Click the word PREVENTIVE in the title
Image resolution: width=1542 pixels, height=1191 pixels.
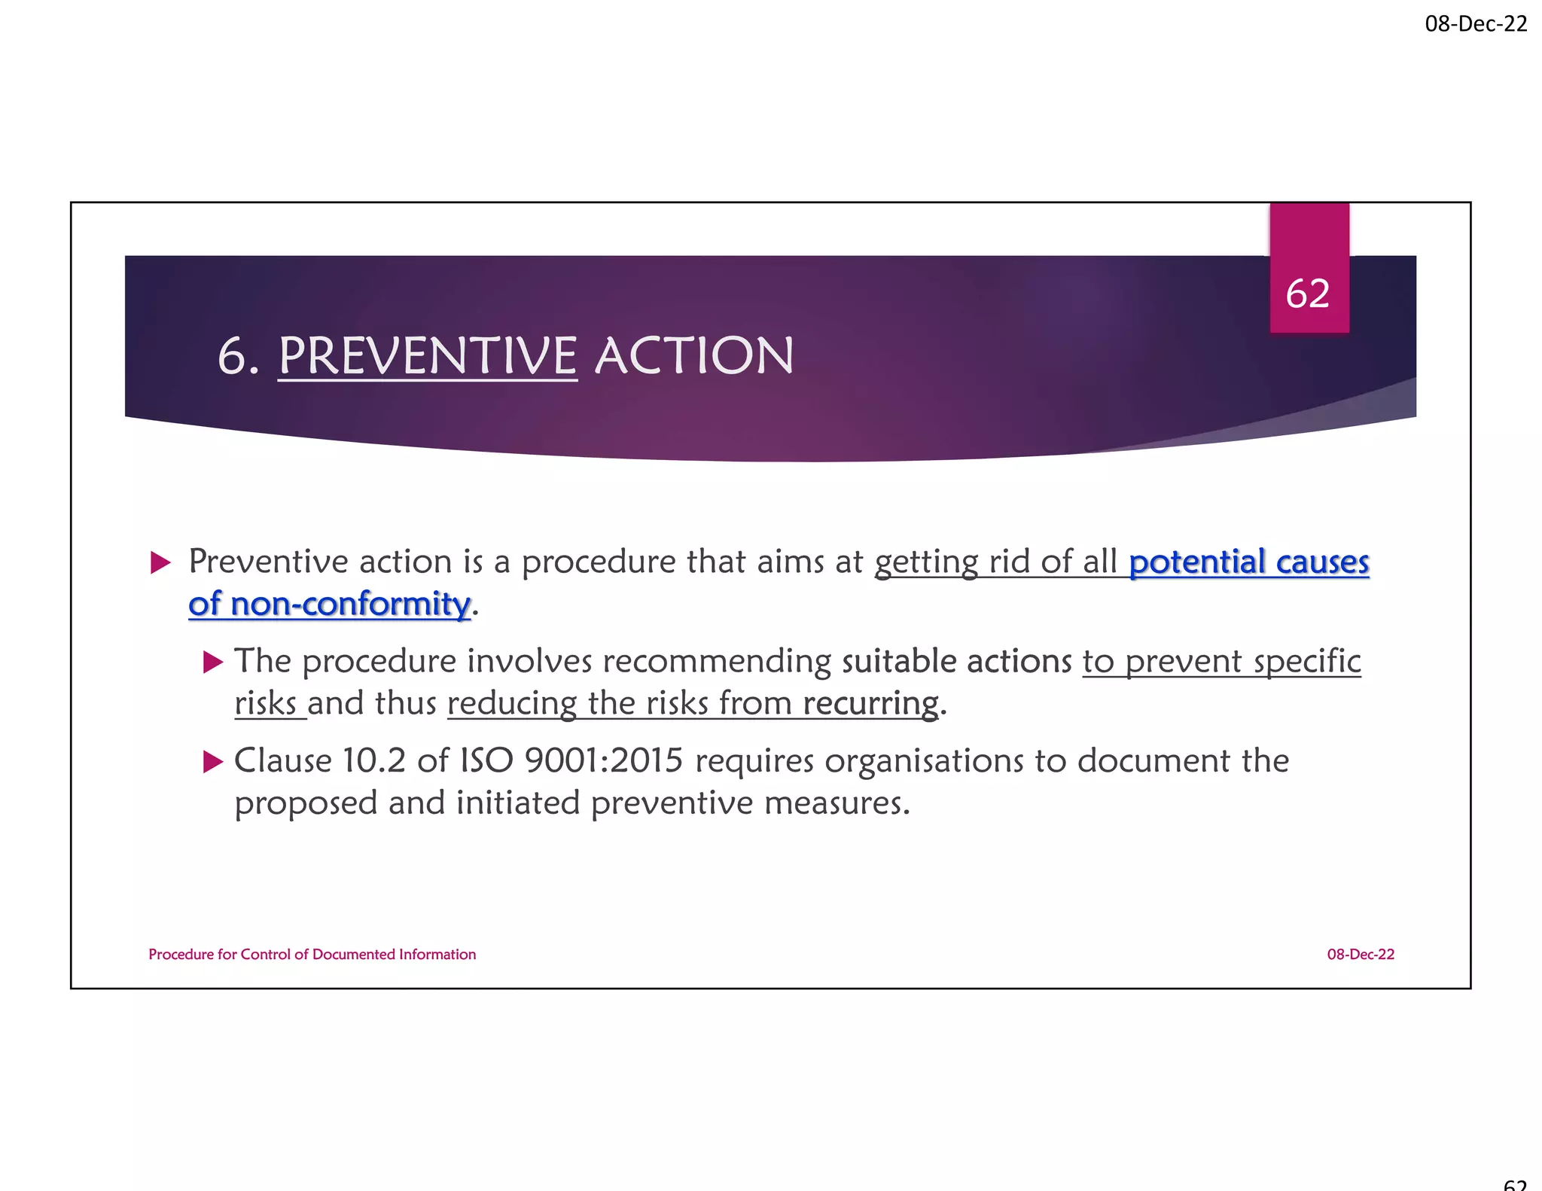[x=428, y=356]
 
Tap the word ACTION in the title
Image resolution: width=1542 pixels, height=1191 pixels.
[x=694, y=356]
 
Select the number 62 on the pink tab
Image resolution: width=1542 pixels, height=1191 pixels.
[x=1308, y=294]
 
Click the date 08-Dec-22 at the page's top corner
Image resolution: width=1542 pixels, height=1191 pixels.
[x=1476, y=24]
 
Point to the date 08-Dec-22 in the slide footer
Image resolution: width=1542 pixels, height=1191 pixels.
[x=1361, y=955]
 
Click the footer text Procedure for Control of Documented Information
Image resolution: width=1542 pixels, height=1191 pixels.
[x=312, y=955]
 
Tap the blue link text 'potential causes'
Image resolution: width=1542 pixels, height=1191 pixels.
[x=1248, y=562]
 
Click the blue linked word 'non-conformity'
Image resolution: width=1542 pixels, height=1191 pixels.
[x=350, y=605]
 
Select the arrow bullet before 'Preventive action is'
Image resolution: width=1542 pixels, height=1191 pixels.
[x=160, y=562]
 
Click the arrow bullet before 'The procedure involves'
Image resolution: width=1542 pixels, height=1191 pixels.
[x=213, y=663]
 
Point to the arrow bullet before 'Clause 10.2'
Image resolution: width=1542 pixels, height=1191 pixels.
[x=213, y=762]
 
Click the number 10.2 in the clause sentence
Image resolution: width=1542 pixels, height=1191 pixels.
[x=373, y=761]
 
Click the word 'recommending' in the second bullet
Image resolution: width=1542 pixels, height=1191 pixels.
[x=717, y=662]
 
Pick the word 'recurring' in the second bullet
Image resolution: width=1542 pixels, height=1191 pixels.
[x=870, y=705]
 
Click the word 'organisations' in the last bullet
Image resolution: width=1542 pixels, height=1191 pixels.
[x=924, y=761]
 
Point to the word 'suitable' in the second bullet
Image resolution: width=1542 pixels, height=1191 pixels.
[x=899, y=662]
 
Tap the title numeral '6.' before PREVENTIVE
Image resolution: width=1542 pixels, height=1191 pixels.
[x=238, y=356]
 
